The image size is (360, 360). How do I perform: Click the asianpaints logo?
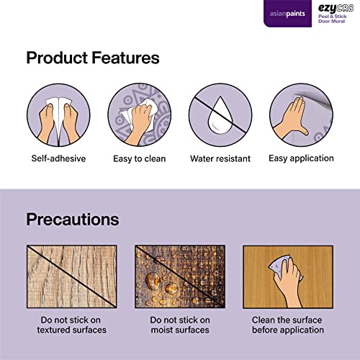coord(287,14)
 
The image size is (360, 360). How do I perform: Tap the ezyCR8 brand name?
coord(336,9)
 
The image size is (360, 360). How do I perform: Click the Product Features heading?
coord(93,58)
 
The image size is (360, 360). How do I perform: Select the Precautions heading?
coord(73,220)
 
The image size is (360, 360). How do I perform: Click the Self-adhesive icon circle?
coord(58,115)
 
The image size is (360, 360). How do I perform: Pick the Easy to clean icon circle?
coord(140,115)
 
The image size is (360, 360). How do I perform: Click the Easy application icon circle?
coord(301,115)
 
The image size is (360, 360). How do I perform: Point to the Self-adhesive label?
coord(58,158)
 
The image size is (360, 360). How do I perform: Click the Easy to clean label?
coord(140,159)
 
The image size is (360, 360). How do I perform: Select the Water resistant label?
coord(220,158)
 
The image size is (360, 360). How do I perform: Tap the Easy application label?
coord(301,158)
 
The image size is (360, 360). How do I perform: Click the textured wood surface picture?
coord(72,276)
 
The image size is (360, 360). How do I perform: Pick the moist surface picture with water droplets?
coord(180,276)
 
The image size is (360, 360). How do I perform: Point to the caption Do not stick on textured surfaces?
coord(71,325)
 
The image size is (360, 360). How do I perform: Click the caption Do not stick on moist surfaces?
coord(180,325)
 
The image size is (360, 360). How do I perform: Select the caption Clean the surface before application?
coord(287,325)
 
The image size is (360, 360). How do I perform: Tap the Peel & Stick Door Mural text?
coord(333,19)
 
